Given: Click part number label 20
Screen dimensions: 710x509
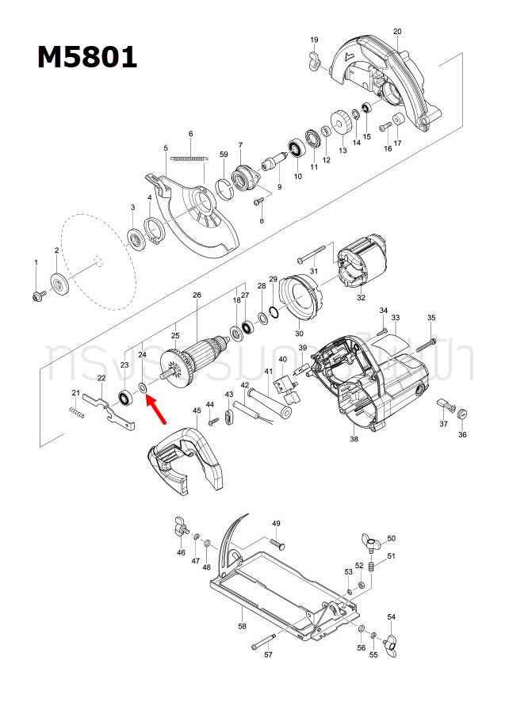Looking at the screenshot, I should (x=397, y=31).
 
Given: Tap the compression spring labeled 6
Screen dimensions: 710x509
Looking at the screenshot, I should (x=189, y=158).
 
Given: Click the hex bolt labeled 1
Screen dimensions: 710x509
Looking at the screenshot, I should (x=36, y=295).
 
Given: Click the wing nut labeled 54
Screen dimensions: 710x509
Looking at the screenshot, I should (x=390, y=640).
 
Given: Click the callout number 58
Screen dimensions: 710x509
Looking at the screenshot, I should (x=243, y=627).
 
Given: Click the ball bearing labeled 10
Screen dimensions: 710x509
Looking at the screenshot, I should (x=298, y=148).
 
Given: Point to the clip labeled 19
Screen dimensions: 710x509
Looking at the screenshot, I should (x=313, y=59).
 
